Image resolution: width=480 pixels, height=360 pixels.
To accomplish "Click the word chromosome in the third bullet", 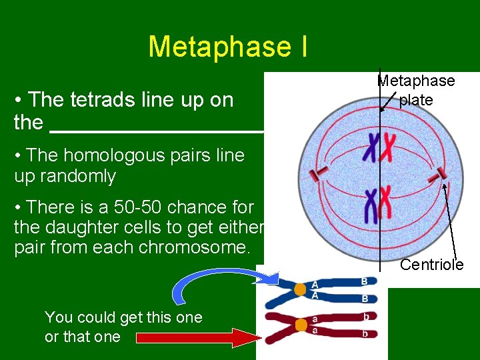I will pyautogui.click(x=193, y=247).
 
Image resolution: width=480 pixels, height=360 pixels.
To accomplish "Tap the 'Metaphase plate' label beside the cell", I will pyautogui.click(x=416, y=91).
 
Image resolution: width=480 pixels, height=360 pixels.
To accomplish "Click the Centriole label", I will pyautogui.click(x=431, y=265).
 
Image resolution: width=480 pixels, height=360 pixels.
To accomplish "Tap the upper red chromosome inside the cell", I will pyautogui.click(x=387, y=147).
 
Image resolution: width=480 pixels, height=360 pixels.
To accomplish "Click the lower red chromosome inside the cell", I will pyautogui.click(x=386, y=205).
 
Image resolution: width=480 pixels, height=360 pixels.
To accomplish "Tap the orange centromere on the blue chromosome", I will pyautogui.click(x=301, y=290).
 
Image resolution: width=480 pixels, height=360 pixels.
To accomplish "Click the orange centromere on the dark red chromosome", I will pyautogui.click(x=301, y=325).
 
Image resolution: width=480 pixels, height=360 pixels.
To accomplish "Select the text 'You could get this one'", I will pyautogui.click(x=123, y=318).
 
